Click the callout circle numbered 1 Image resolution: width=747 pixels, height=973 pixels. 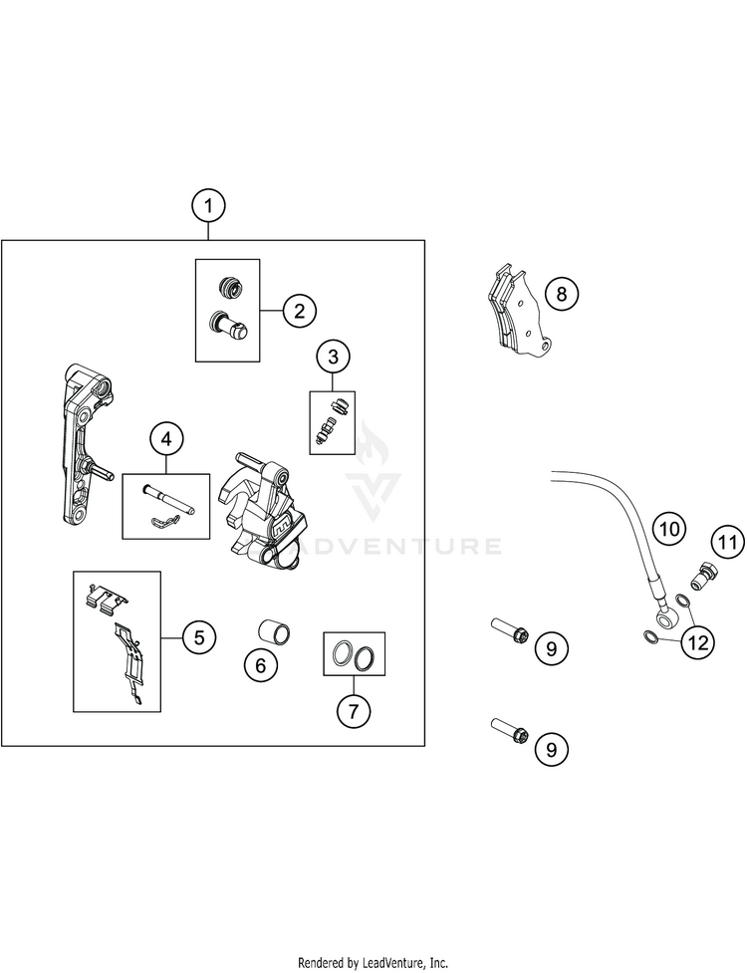208,207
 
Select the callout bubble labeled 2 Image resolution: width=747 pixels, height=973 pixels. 298,311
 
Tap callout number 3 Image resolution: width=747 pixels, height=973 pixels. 334,356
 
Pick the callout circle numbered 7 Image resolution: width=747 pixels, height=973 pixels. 354,710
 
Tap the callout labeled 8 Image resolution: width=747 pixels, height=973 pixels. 561,294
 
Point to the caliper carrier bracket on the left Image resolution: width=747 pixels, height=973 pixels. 79,443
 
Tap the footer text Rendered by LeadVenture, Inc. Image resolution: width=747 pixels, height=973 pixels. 373,963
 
